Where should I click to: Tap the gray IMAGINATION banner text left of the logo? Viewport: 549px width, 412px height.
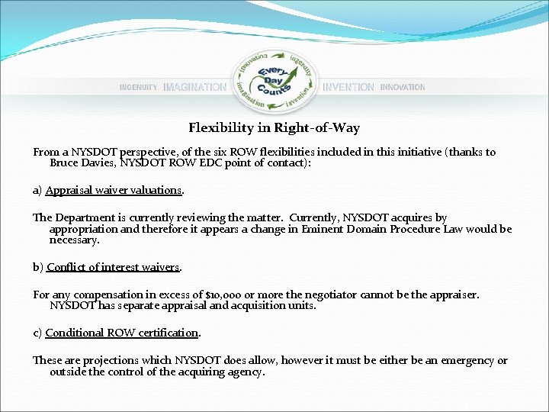pyautogui.click(x=194, y=88)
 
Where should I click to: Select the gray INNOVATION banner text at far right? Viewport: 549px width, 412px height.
pyautogui.click(x=403, y=88)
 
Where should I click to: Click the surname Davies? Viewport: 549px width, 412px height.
pyautogui.click(x=101, y=163)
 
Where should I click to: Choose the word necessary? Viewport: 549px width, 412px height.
pyautogui.click(x=74, y=240)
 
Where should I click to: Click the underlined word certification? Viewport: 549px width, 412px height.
pyautogui.click(x=165, y=333)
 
